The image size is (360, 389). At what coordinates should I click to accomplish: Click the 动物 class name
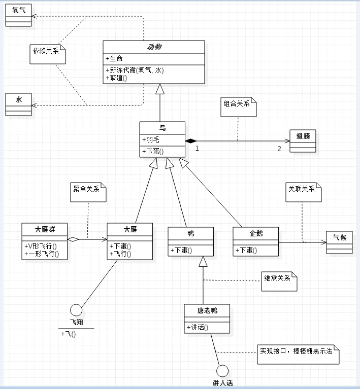coord(154,47)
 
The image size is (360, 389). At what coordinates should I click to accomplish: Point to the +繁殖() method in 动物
coord(116,78)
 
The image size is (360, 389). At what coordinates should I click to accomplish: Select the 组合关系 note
coord(238,106)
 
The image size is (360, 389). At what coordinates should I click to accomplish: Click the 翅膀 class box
coord(303,140)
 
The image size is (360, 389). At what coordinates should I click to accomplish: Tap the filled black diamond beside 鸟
coord(191,140)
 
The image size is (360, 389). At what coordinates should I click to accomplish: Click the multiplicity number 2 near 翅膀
coord(279,149)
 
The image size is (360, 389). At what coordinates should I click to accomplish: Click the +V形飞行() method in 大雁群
coord(41,246)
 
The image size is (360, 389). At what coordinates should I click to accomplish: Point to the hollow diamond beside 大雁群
coord(74,238)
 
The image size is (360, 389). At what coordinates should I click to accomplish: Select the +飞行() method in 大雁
coord(121,254)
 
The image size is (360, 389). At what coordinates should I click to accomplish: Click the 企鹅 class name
coord(255,233)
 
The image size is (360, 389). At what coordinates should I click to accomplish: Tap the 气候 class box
coord(339,241)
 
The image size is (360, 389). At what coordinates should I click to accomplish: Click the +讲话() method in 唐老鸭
coord(198,327)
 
